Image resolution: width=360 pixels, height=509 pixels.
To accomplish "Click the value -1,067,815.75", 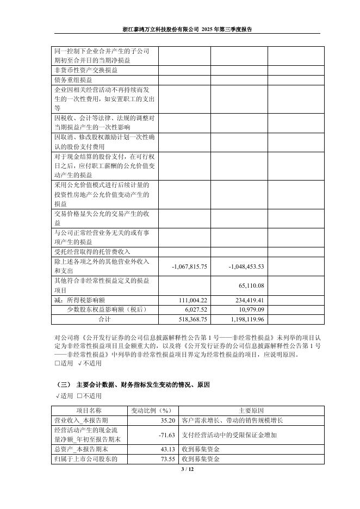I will click(x=189, y=266).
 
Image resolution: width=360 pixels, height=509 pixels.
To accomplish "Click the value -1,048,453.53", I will click(x=245, y=266).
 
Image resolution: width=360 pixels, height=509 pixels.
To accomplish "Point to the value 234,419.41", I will click(x=249, y=300).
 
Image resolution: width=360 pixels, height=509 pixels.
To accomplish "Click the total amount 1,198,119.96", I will click(x=246, y=318).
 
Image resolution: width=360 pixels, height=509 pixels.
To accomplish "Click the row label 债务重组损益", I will click(x=74, y=80).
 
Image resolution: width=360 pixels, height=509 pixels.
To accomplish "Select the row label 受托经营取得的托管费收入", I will click(x=92, y=252).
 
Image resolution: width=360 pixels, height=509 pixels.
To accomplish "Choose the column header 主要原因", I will click(x=251, y=410).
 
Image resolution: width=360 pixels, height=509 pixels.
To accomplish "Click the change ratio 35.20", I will click(x=166, y=420).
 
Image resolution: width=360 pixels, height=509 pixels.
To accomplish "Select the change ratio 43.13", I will click(x=166, y=449).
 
